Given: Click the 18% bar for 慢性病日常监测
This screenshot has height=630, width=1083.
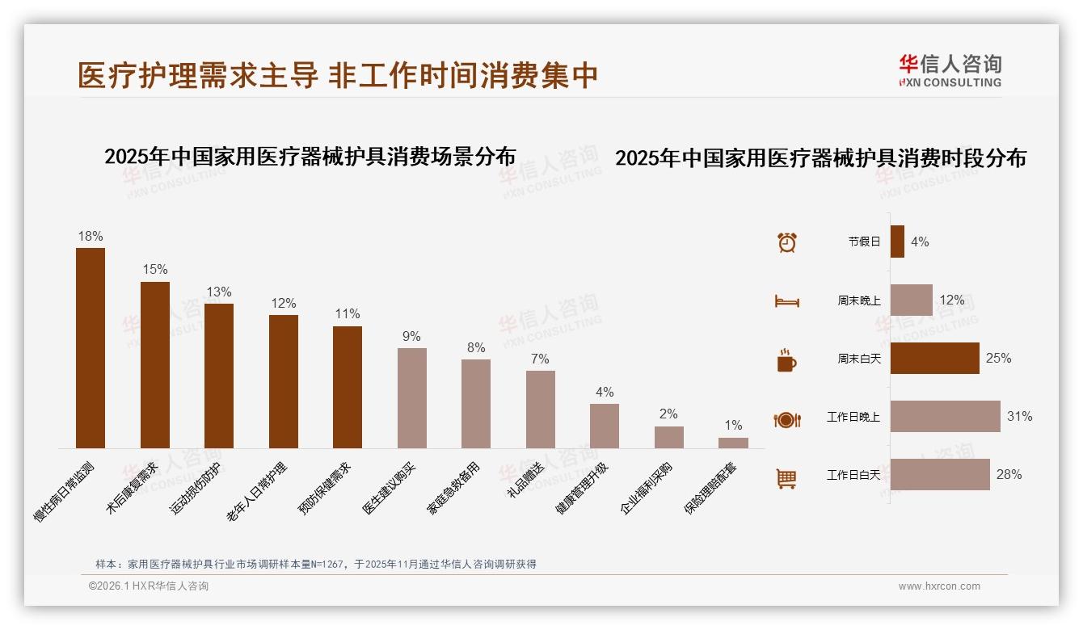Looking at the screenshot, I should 91,347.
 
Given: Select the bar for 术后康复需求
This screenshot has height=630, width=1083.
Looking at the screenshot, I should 155,364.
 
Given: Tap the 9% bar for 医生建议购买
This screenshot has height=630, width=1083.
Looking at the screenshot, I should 411,397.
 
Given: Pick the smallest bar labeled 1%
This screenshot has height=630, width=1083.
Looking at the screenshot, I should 733,443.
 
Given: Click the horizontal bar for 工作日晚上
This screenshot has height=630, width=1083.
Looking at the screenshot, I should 945,417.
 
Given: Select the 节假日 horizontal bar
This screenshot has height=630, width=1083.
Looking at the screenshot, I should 897,241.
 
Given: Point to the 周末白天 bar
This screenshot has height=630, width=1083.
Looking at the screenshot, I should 934,359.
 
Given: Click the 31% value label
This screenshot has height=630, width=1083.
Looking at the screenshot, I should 1019,417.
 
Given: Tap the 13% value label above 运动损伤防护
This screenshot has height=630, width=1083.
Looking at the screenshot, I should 219,292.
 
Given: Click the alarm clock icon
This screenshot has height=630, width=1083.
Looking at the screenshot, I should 787,242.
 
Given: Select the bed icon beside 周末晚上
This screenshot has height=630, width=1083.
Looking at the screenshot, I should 787,301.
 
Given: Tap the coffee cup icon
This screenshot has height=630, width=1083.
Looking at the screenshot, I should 786,360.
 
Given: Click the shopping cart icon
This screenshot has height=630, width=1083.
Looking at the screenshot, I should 786,478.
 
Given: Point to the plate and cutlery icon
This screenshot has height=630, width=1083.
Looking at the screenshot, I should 787,419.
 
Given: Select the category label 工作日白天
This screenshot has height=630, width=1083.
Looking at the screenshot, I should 853,475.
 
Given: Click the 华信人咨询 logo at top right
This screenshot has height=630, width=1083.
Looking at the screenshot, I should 950,70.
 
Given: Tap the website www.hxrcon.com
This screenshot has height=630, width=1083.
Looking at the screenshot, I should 939,586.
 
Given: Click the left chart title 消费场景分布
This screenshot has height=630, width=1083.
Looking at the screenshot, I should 310,156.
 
